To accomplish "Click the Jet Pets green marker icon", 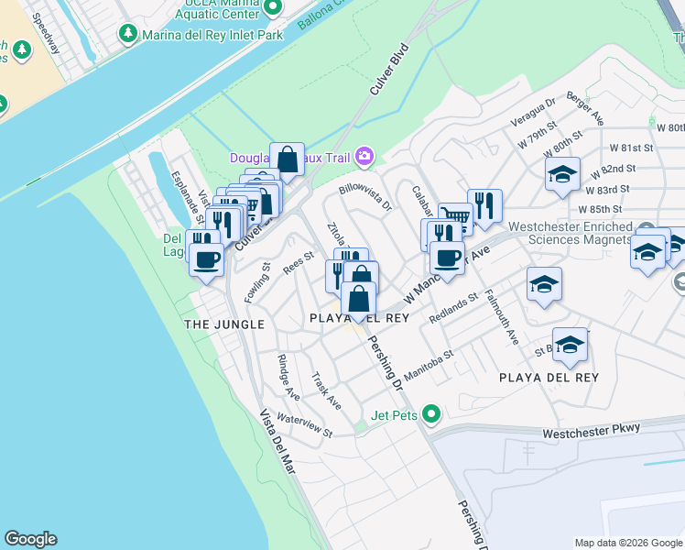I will [x=429, y=414].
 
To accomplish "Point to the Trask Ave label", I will [x=326, y=390].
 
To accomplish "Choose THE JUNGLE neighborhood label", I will [x=224, y=324].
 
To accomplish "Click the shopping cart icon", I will [x=455, y=217].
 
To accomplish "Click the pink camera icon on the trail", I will [x=365, y=157].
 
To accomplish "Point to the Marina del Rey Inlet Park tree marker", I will [x=127, y=35].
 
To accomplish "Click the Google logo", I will [x=30, y=539].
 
